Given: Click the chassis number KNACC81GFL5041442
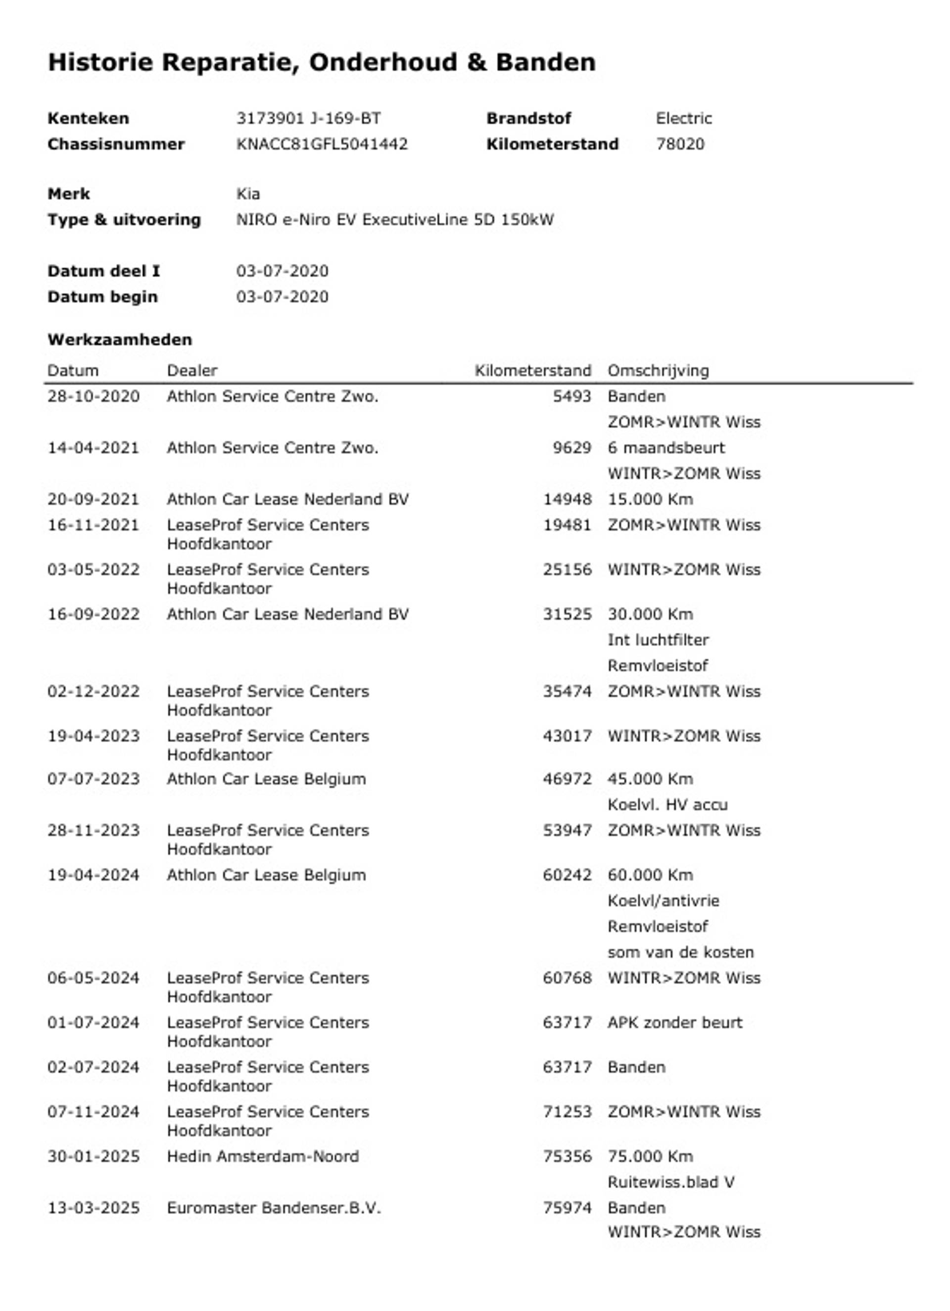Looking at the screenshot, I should click(x=322, y=144).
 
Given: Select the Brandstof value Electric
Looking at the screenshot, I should click(x=684, y=118).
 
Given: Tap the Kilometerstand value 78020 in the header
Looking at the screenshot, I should click(x=680, y=144).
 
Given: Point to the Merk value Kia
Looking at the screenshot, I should click(x=248, y=194).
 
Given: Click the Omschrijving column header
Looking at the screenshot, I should click(x=658, y=370).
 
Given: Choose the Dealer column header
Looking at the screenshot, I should click(x=192, y=370).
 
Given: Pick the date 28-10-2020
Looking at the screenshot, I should click(x=94, y=397).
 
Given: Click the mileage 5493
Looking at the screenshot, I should click(x=571, y=397).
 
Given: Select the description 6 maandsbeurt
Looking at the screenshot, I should click(x=665, y=448).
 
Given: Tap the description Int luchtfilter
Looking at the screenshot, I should click(x=658, y=640).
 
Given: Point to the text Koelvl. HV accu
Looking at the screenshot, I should click(x=667, y=805).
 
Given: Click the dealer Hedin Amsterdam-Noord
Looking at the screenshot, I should click(x=263, y=1156).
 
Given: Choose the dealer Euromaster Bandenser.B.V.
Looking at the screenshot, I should click(x=274, y=1208).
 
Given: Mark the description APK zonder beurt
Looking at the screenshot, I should click(x=674, y=1022).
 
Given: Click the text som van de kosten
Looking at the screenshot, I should click(x=680, y=952).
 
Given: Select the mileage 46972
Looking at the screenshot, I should click(x=567, y=779).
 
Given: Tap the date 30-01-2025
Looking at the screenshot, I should click(x=94, y=1156).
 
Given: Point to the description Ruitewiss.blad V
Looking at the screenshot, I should click(x=671, y=1182).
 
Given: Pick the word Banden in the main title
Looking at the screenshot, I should click(x=545, y=62).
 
